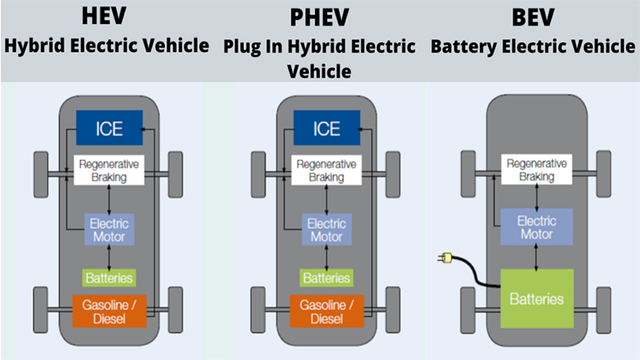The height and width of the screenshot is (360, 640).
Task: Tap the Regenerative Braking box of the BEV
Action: (537, 170)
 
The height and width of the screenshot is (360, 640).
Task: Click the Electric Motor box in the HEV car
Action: (109, 230)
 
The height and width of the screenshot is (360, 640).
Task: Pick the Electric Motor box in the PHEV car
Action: (326, 230)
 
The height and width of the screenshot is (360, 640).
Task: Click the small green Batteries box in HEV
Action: (109, 277)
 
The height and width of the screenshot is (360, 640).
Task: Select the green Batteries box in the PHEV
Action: (326, 277)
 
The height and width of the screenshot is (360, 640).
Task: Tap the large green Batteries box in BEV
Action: (537, 298)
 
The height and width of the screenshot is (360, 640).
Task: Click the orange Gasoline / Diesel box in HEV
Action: (109, 310)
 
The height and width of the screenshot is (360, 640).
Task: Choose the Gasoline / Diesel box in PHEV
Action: (326, 310)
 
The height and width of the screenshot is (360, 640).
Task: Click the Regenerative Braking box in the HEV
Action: (109, 170)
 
